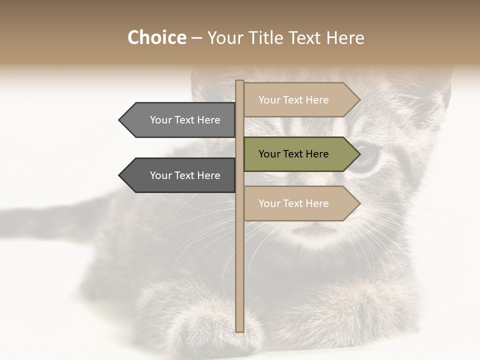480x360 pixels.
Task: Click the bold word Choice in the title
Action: (x=156, y=38)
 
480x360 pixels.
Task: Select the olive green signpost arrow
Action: (x=300, y=154)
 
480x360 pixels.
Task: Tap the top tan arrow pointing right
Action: (x=300, y=100)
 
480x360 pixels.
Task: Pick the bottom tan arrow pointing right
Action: (x=300, y=203)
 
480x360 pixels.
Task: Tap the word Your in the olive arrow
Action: (x=269, y=154)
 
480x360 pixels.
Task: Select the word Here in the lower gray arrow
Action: (x=208, y=175)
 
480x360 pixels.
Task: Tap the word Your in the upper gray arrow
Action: (x=161, y=120)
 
